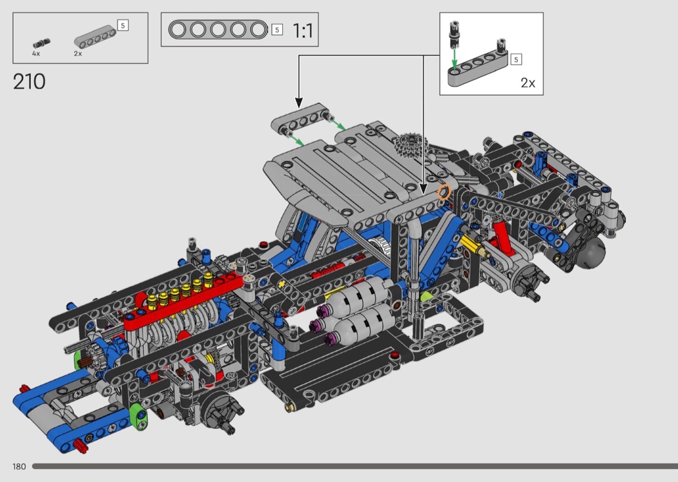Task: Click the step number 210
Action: pos(29,81)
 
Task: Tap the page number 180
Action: pos(19,466)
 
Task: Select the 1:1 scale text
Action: pos(303,31)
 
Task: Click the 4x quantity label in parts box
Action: pos(36,54)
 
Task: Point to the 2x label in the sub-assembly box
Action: pos(528,83)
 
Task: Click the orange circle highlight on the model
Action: pos(444,192)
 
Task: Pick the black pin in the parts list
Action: pos(41,43)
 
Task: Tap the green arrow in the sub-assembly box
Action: pos(454,58)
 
